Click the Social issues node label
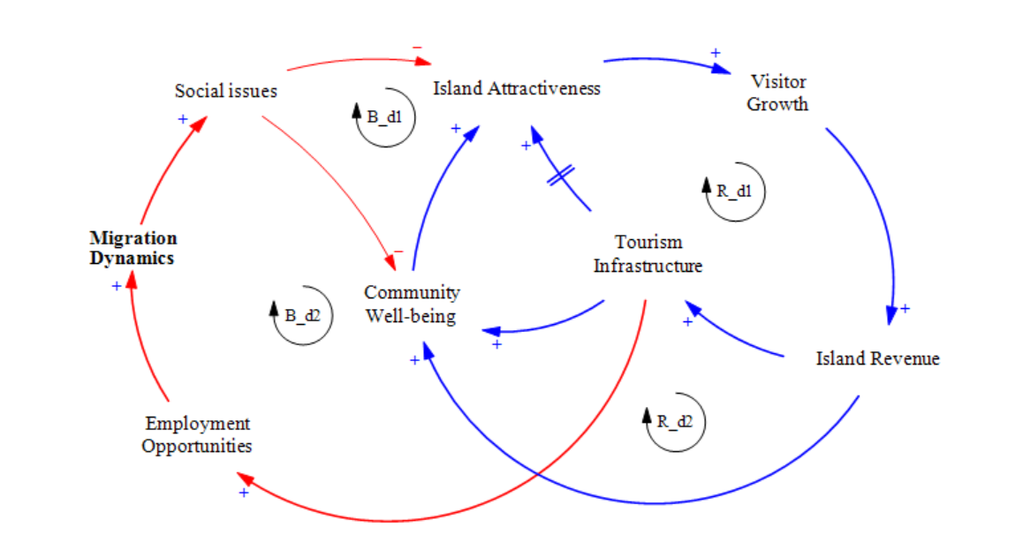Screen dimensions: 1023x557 click(226, 91)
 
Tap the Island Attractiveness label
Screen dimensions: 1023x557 click(517, 88)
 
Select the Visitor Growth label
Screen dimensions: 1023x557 click(777, 93)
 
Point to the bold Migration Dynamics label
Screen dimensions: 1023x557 click(133, 248)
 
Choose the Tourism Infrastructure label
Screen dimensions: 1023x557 click(648, 253)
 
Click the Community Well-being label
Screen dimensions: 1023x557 click(412, 304)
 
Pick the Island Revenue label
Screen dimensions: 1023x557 click(877, 358)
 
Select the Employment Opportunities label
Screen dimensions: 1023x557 click(197, 434)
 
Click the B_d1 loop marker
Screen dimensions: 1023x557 click(385, 117)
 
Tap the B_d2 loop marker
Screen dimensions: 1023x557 click(303, 316)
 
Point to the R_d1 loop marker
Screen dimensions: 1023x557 click(735, 191)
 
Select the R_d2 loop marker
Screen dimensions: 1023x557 click(675, 422)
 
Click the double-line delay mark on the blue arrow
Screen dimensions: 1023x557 click(560, 176)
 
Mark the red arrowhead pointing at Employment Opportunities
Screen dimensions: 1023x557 click(246, 479)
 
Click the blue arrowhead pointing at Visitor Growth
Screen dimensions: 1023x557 click(721, 69)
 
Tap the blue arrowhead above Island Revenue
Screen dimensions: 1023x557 click(891, 315)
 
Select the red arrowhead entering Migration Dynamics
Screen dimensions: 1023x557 click(131, 280)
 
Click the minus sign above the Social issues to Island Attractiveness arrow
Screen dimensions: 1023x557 click(417, 47)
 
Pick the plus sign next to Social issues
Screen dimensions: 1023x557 click(183, 118)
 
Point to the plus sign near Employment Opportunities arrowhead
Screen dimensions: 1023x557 click(243, 493)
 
